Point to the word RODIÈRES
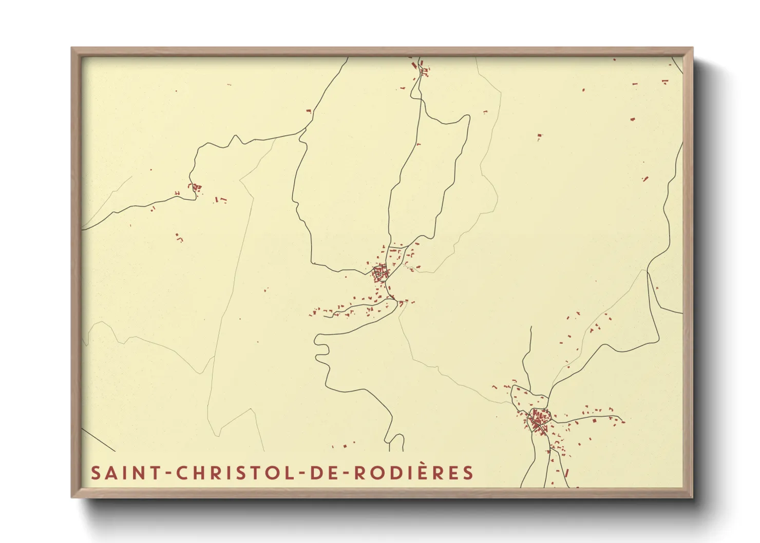click(413, 473)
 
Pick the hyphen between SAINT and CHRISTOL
click(168, 473)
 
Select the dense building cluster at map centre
click(380, 273)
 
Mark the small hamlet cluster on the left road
click(195, 188)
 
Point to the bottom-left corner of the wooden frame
click(72, 497)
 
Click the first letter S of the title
click(96, 473)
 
